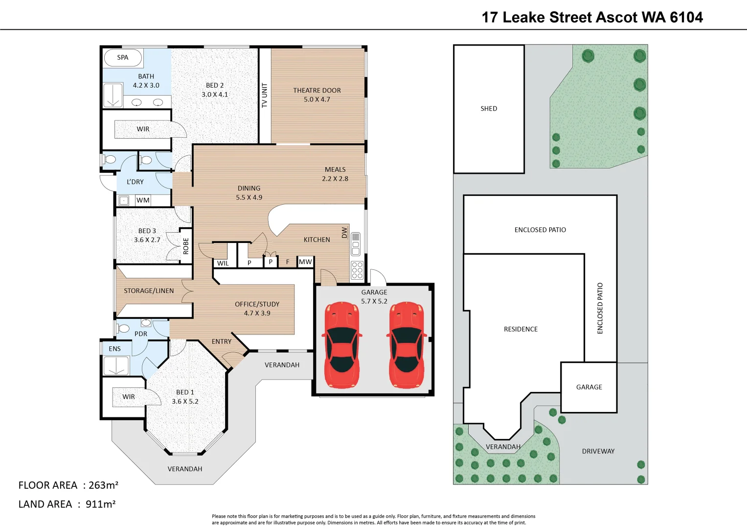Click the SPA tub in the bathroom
[123, 57]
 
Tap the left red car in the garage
[342, 345]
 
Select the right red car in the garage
[407, 345]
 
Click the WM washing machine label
[143, 200]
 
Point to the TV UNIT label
[265, 95]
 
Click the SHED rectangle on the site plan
[489, 109]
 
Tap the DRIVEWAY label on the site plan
[598, 451]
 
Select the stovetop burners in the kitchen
[357, 270]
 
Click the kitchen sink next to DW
[356, 244]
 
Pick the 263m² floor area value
[103, 485]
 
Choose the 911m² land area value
[100, 504]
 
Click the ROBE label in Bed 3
[186, 246]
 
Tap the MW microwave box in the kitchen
[305, 262]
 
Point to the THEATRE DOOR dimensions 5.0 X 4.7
[317, 99]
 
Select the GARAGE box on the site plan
[589, 387]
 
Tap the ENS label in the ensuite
[114, 349]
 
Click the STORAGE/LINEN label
[149, 291]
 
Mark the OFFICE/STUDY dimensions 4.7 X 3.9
[257, 313]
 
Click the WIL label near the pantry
[223, 263]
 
